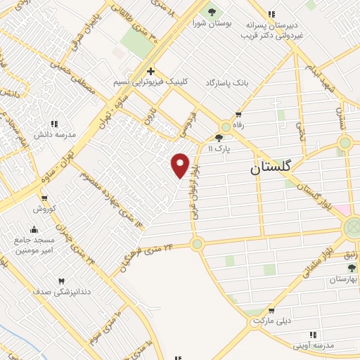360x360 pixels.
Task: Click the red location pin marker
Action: pos(181,165)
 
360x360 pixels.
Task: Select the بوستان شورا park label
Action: pos(210,23)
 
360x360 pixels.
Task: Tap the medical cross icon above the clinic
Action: pos(150,71)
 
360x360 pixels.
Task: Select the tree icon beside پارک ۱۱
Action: pos(219,139)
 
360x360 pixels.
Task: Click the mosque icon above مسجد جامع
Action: pos(34,229)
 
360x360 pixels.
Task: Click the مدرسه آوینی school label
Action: pos(315,346)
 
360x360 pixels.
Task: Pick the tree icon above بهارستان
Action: pos(352,268)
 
